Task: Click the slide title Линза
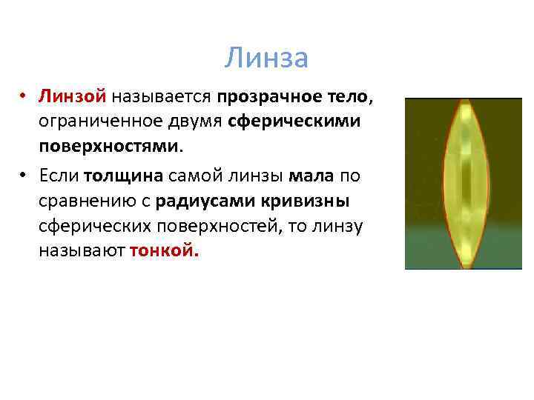coord(266,58)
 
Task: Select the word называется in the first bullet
coord(163,97)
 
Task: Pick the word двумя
coord(200,121)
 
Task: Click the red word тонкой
coord(164,251)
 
